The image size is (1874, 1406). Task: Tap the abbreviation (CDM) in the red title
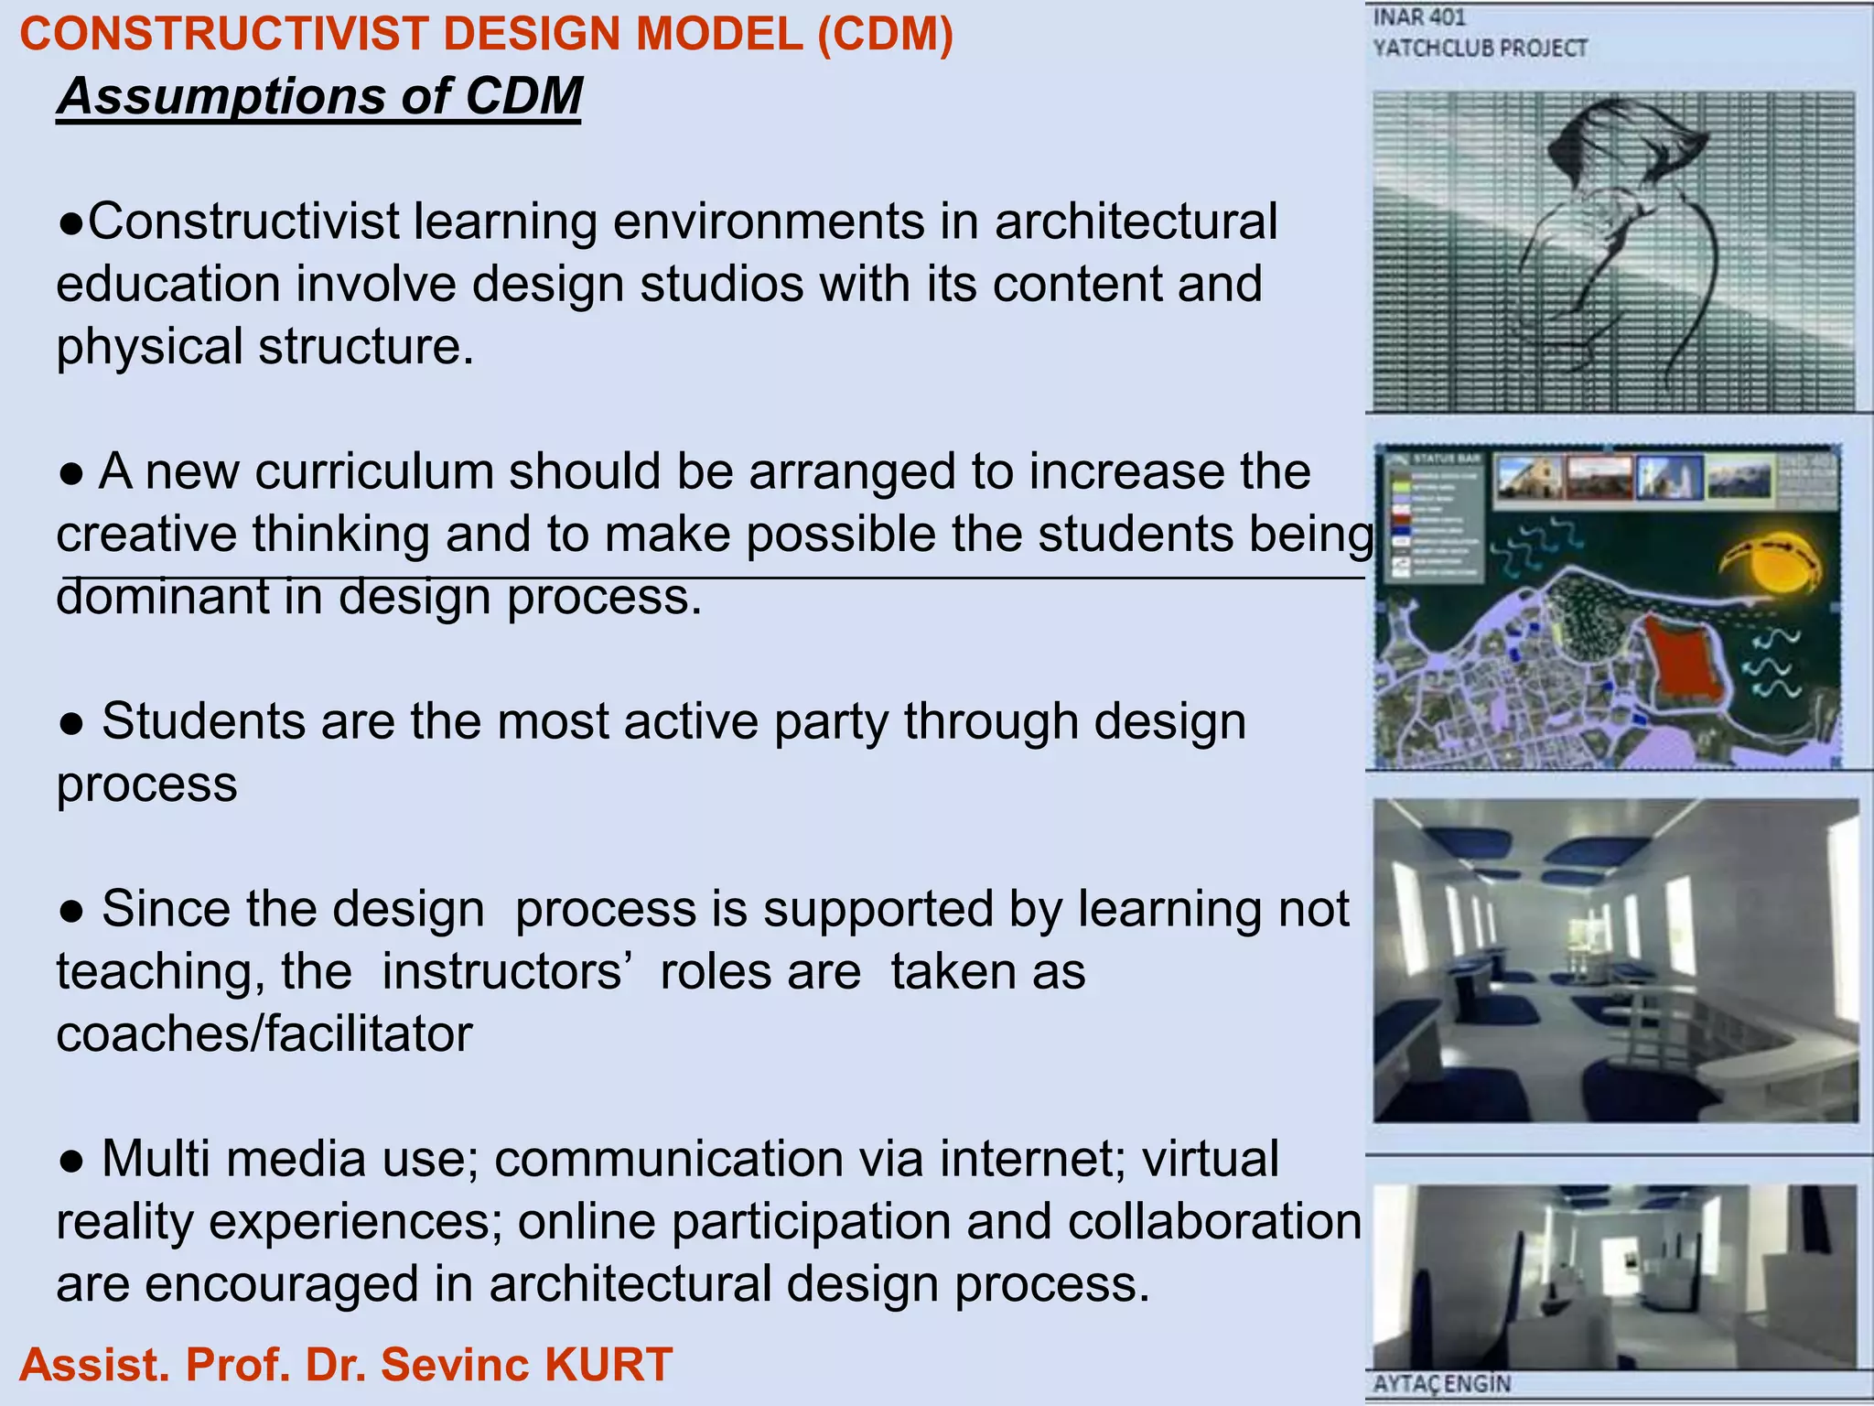tap(885, 35)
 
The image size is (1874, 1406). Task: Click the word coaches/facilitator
tap(264, 1035)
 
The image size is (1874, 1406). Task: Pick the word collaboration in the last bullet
tap(1214, 1222)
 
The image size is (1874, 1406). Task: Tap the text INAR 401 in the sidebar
tap(1419, 17)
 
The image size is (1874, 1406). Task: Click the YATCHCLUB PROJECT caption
tap(1480, 49)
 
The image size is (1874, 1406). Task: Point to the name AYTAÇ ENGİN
tap(1441, 1384)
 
